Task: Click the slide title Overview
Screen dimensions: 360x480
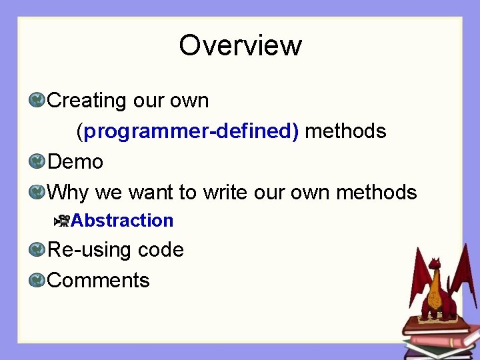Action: coord(240,45)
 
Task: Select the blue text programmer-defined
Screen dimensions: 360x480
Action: coord(191,131)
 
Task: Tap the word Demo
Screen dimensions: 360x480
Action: coord(75,162)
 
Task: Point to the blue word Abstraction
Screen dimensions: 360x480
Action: coord(122,220)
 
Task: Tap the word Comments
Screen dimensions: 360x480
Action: coord(99,280)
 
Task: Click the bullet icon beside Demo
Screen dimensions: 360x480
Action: coord(37,162)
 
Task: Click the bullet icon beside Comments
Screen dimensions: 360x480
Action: coord(37,280)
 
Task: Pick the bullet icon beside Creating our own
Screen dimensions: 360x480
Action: coord(37,101)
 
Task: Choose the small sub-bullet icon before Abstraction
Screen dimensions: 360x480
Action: coord(63,220)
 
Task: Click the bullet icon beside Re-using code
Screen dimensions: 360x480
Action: coord(37,250)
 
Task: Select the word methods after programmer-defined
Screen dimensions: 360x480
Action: coord(345,131)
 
